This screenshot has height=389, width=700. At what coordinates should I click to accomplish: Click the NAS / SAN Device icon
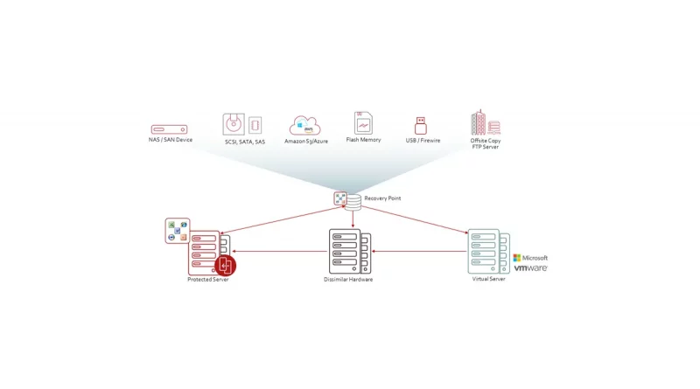tap(169, 129)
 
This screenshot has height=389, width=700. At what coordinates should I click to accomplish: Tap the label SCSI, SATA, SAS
tap(244, 142)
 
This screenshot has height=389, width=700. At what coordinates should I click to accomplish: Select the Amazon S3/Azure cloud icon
tap(305, 125)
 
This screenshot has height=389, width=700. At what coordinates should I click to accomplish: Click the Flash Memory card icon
tap(363, 122)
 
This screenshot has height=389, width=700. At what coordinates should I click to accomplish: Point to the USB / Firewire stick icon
tap(421, 124)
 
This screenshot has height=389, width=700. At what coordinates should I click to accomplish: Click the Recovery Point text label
tap(382, 198)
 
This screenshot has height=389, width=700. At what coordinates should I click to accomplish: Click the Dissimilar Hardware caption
tap(349, 280)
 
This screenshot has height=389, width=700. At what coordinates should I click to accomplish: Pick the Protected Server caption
tap(207, 280)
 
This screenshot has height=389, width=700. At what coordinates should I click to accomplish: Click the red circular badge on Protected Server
tap(226, 265)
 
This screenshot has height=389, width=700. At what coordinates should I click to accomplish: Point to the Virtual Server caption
tap(488, 280)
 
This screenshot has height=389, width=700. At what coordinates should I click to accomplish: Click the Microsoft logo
tap(530, 258)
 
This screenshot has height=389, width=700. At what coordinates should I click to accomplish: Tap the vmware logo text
tap(530, 268)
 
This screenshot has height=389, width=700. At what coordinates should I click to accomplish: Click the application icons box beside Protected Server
tap(178, 231)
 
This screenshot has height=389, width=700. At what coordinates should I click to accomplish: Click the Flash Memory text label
tap(363, 140)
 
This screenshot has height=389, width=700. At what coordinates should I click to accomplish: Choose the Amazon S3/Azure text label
tap(306, 141)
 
